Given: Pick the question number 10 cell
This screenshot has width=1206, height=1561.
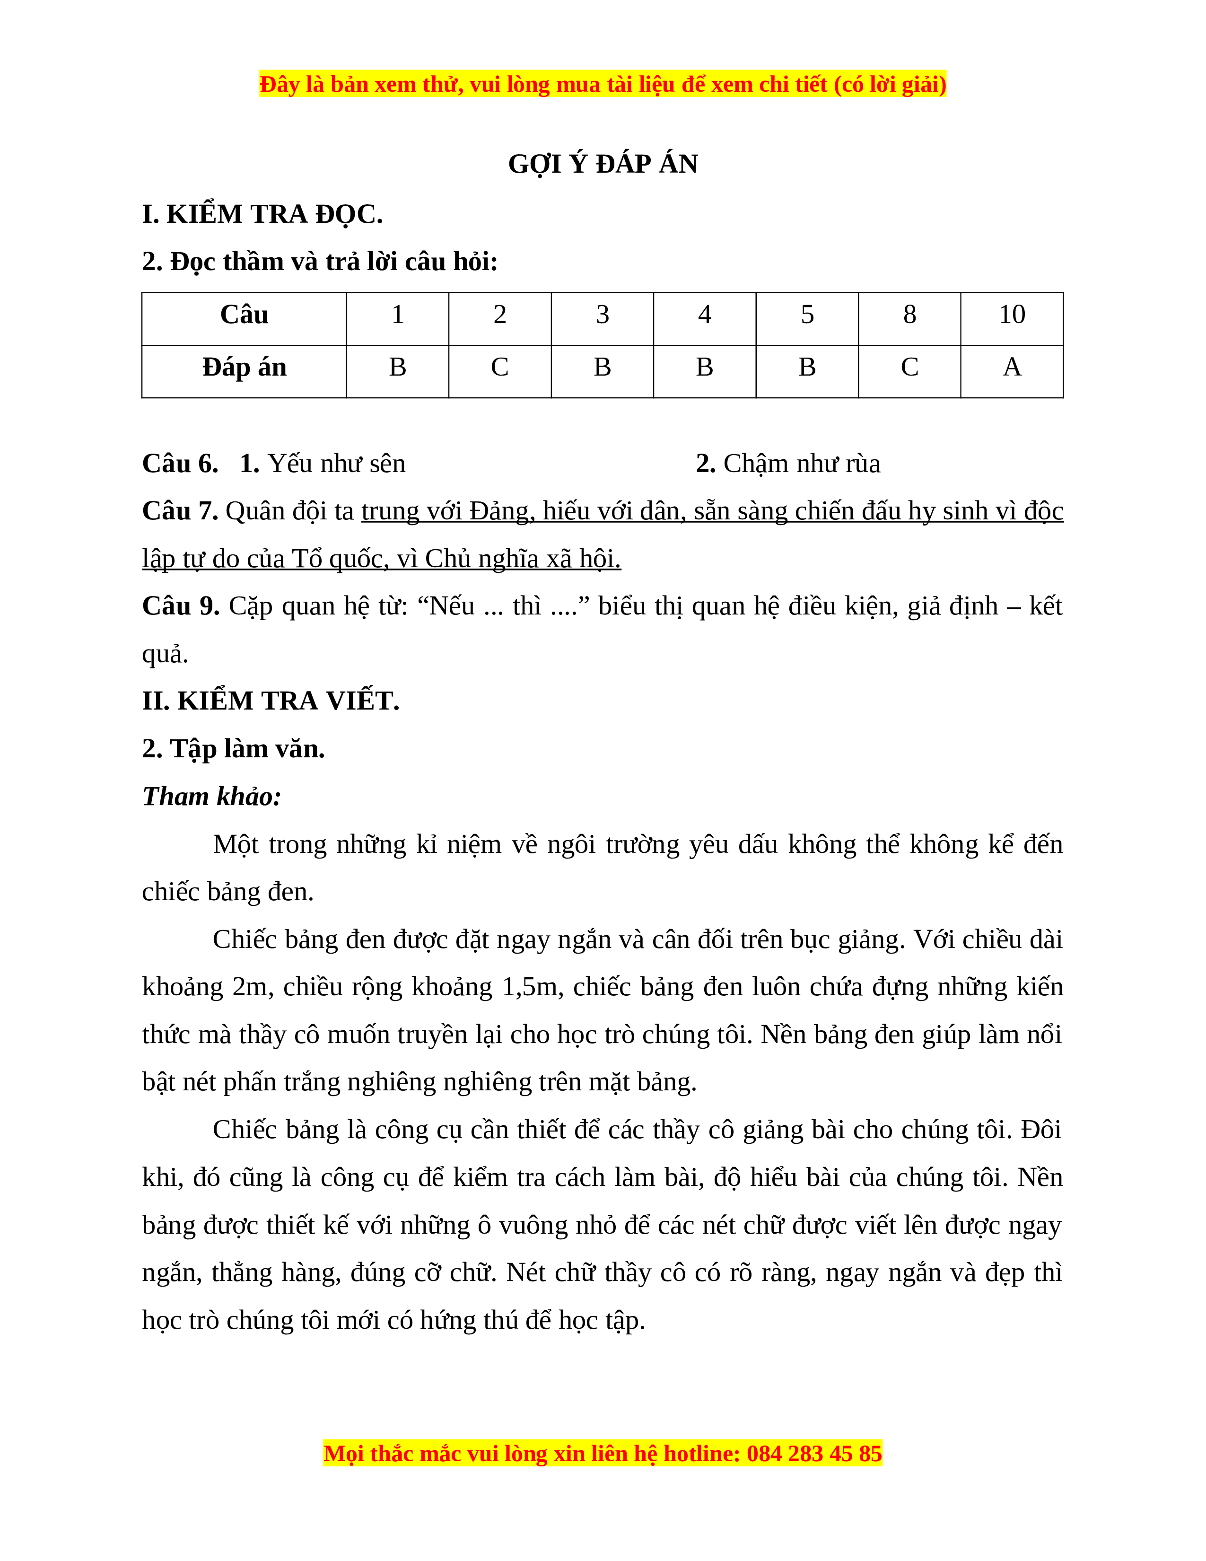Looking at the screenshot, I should (x=1011, y=315).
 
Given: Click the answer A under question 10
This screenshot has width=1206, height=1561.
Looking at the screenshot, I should (x=1011, y=368).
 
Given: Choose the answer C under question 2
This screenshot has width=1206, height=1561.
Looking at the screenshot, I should (x=499, y=368).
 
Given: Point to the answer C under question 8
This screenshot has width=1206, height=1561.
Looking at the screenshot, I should (x=909, y=368).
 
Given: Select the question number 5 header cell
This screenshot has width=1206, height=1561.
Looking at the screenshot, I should (x=807, y=315).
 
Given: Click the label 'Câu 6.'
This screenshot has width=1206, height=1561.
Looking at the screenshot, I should (x=180, y=464).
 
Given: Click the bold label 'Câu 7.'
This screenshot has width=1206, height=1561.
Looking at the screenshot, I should (x=180, y=511).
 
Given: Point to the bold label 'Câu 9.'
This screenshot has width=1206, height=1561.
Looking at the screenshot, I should (x=181, y=606).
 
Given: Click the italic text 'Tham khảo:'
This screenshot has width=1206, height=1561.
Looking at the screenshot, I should (x=211, y=796).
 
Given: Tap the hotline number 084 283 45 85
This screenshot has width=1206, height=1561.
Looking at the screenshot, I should (x=814, y=1454).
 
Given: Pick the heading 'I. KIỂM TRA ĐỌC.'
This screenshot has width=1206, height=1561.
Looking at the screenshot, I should (x=262, y=214).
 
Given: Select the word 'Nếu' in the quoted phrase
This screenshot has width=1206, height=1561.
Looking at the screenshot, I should (x=452, y=606).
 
